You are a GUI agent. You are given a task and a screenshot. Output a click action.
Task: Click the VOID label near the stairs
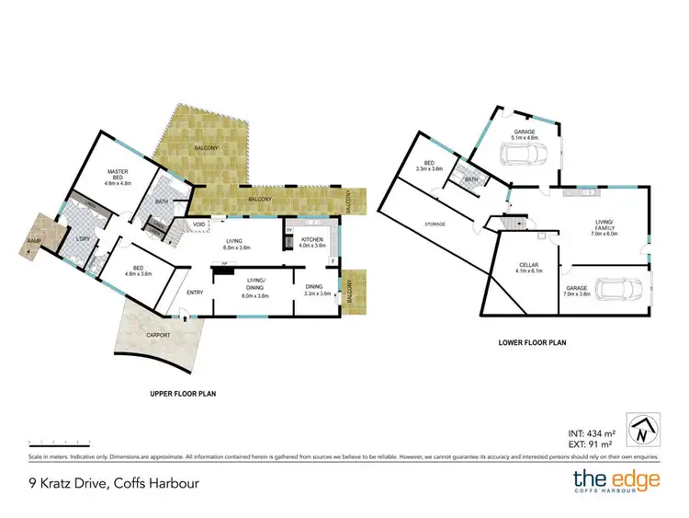pyautogui.click(x=199, y=224)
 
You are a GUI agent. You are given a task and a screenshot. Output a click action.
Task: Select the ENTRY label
pyautogui.click(x=195, y=293)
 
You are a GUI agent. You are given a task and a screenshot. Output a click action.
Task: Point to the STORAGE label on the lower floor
pyautogui.click(x=435, y=224)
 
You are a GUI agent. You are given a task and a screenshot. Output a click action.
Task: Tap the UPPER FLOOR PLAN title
pyautogui.click(x=183, y=394)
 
